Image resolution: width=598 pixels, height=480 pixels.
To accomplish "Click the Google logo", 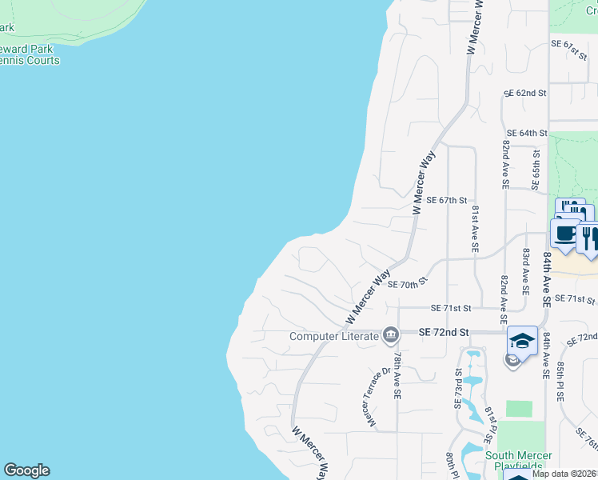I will [26, 470].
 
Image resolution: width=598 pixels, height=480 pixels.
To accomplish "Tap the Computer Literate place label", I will [333, 336].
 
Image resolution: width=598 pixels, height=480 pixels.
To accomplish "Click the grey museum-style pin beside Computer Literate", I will [391, 334].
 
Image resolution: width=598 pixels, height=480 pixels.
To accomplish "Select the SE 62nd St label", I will [524, 94].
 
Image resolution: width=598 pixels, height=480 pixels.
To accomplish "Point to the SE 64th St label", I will [527, 133].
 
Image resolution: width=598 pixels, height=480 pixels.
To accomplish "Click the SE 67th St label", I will [446, 201].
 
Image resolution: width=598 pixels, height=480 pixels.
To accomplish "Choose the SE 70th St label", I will [409, 283].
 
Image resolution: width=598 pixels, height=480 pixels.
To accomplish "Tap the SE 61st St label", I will [570, 49].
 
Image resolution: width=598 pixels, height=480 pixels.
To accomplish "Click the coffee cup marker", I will [565, 234].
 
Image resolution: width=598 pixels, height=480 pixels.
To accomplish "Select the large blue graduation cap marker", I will [522, 342].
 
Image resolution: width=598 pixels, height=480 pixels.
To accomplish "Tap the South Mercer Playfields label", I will [518, 462].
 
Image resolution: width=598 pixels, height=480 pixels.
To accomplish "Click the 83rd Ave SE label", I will [526, 269].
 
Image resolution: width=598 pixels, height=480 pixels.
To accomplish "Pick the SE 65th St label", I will [536, 167].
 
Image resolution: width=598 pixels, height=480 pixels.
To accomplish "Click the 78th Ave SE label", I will [397, 379].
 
